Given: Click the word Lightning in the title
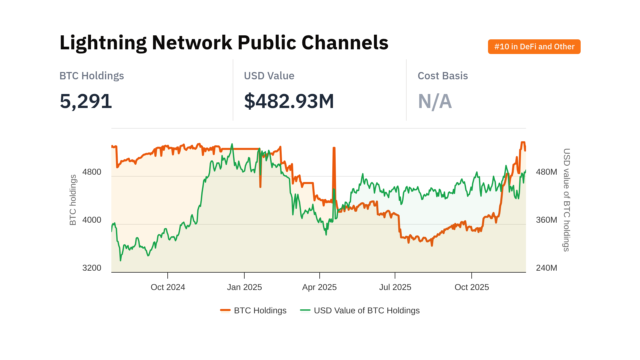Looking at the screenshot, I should pos(103,43).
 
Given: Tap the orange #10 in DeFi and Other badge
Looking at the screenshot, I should pos(534,47).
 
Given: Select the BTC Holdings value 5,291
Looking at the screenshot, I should pos(86,101).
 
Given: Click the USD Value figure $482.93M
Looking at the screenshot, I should pos(289,101).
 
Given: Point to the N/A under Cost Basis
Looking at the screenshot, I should pos(435,101).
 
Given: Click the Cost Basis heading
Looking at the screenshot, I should pos(442,76).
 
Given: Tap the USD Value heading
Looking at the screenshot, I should pos(269,76).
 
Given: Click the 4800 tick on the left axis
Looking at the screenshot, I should pos(92,172).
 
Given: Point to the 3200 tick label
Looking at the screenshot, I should pos(92,268).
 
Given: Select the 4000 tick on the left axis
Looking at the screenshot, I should pos(92,220).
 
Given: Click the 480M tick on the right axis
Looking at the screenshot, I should pos(546,172).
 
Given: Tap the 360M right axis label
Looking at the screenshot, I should pos(546,220).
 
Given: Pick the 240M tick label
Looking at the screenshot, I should pos(546,268).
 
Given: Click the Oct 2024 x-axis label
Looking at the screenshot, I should pos(168,287).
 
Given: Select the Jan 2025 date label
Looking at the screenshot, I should pos(244,287).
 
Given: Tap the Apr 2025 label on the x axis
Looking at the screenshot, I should pos(319,287).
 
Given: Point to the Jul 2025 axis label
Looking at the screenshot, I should pos(395,287).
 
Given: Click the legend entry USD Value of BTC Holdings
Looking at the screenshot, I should pos(366,311).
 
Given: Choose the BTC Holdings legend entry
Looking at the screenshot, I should pos(260,311).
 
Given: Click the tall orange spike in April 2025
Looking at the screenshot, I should pos(334,153).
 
